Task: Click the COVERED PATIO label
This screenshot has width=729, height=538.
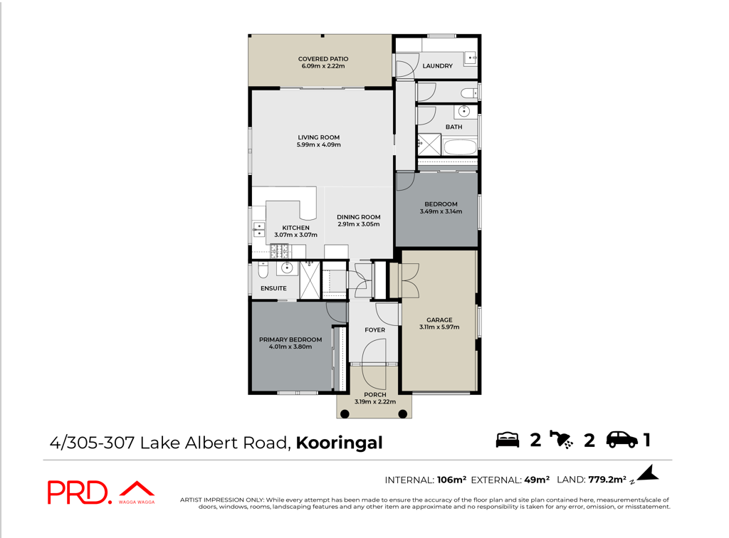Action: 323,59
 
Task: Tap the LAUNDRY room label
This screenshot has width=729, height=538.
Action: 438,66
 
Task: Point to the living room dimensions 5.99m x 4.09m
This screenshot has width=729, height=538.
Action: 319,144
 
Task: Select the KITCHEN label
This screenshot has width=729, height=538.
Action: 295,228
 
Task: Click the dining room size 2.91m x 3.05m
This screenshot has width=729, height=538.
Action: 359,224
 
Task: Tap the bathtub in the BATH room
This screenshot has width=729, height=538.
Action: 461,147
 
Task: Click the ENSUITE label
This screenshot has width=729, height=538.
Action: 273,288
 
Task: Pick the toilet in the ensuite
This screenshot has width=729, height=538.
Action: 263,270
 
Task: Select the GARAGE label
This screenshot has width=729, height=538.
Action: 439,320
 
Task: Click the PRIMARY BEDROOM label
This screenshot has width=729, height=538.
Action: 290,339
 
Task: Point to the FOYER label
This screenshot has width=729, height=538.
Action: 374,330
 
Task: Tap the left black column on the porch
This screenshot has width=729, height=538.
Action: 345,414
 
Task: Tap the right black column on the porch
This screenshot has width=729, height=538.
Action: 403,414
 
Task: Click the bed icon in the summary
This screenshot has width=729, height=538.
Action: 507,440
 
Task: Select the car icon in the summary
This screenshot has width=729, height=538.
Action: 622,440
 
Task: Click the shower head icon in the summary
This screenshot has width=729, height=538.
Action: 561,440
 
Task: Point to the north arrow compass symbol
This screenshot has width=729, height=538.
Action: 647,473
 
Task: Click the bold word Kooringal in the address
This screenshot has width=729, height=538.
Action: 340,443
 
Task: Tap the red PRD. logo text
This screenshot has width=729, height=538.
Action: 80,493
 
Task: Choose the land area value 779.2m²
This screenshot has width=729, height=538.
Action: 607,480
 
